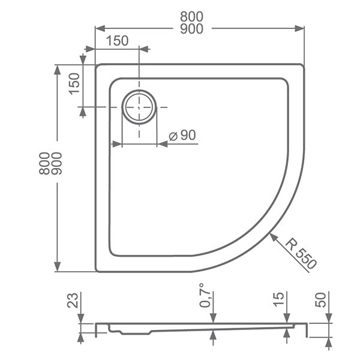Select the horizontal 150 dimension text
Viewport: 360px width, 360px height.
(117, 41)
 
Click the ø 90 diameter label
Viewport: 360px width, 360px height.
(182, 136)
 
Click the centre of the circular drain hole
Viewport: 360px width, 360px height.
(139, 107)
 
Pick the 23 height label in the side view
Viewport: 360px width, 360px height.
(73, 299)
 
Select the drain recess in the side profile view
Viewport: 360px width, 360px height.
(117, 329)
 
